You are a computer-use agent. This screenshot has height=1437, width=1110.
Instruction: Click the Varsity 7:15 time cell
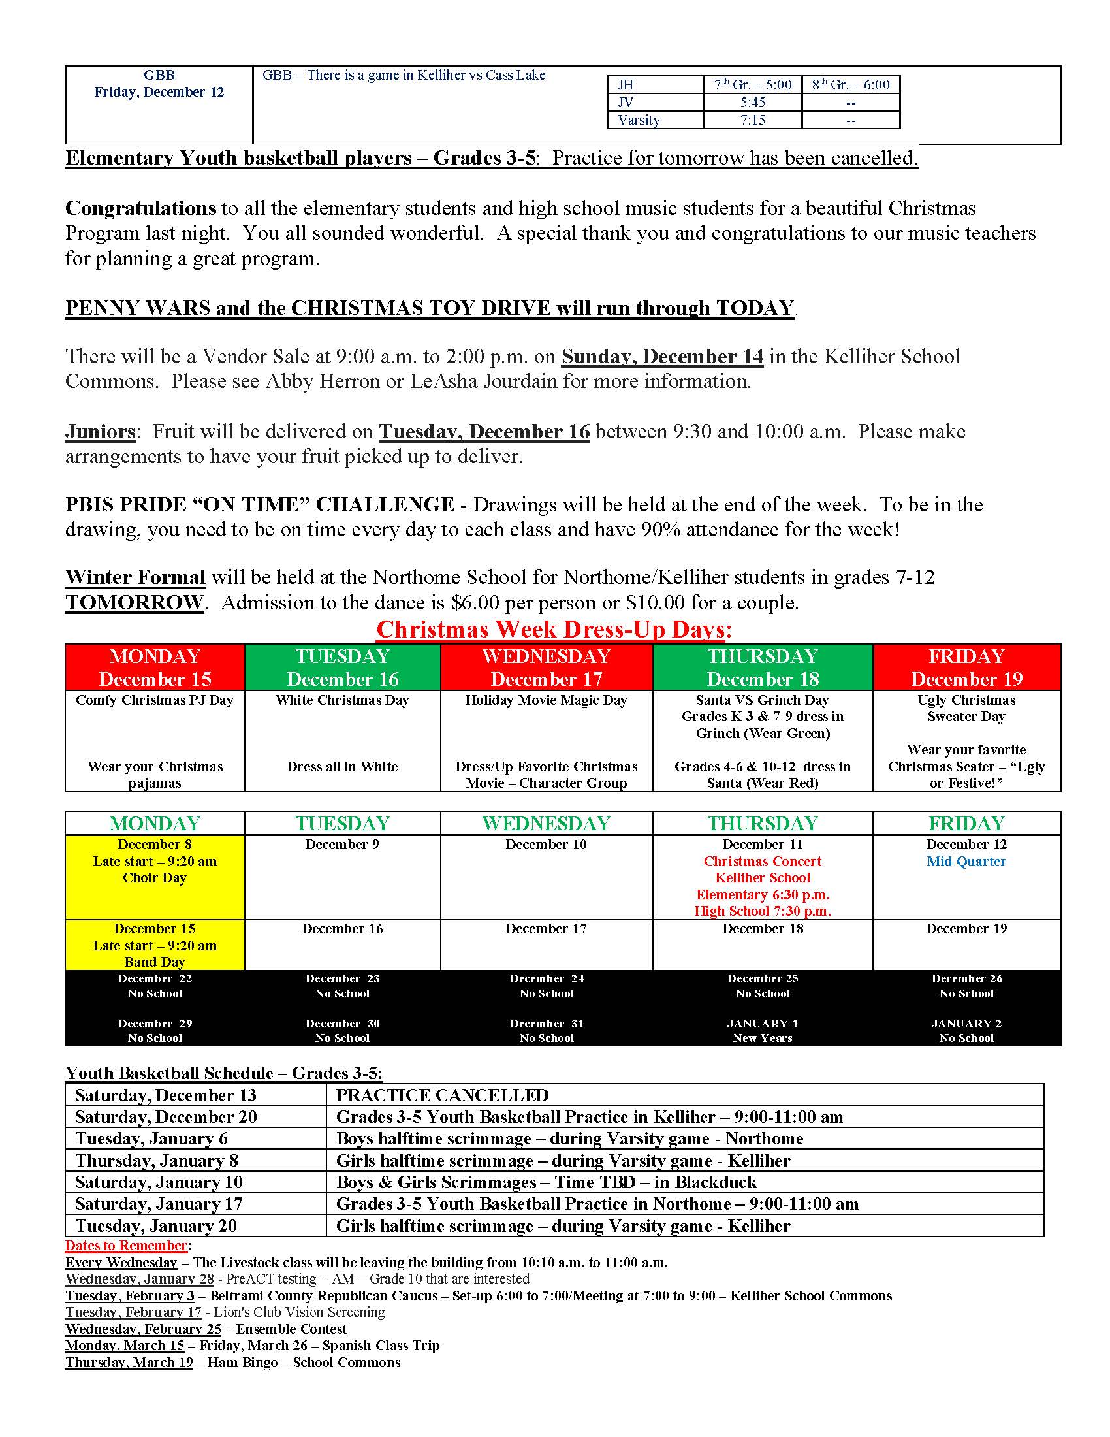tap(752, 120)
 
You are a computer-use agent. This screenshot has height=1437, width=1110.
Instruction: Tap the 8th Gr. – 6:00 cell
tap(850, 84)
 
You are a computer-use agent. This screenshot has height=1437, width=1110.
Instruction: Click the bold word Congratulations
tap(140, 208)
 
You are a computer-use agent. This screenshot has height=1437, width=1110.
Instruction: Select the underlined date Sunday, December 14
tap(661, 356)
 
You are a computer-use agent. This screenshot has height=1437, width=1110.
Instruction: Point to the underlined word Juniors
tap(100, 432)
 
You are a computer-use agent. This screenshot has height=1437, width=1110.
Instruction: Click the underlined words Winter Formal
tap(135, 577)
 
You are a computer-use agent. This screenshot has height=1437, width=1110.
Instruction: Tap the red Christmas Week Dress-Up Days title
tap(554, 630)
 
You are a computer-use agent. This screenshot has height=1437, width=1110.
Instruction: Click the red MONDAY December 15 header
tap(155, 667)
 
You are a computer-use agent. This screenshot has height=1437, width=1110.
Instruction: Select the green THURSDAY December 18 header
tap(762, 667)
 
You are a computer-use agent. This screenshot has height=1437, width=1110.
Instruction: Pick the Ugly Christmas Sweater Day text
tap(966, 708)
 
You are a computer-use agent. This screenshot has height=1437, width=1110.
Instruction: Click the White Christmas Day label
tap(342, 700)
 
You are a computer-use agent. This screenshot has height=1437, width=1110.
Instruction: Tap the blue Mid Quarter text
tap(966, 862)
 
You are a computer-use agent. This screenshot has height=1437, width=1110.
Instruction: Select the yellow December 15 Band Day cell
tap(155, 945)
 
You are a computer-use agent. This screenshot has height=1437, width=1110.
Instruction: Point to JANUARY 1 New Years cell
tap(762, 1030)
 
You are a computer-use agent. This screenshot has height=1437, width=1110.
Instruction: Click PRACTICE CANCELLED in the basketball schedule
tap(442, 1095)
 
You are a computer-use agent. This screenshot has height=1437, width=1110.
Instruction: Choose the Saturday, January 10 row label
tap(159, 1182)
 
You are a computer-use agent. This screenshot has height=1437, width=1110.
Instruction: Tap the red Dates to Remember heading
tap(125, 1246)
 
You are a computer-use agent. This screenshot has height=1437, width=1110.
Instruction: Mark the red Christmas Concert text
tap(762, 862)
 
